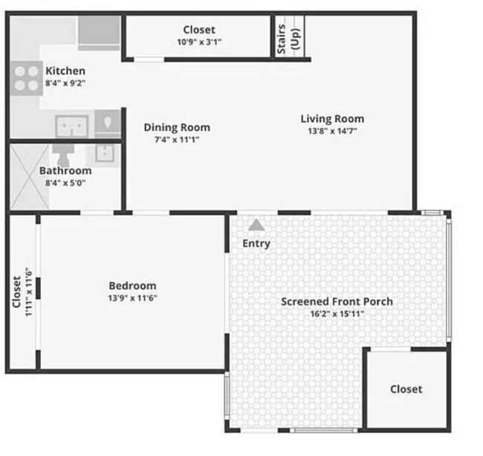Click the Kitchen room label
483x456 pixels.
tap(66, 71)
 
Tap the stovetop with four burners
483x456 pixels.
tap(26, 78)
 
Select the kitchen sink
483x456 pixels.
tap(72, 126)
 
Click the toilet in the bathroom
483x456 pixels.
tap(62, 154)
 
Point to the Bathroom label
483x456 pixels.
tap(65, 170)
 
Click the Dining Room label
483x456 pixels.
tap(176, 127)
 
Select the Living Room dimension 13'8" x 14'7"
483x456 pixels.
tap(332, 130)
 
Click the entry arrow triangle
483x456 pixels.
tap(256, 224)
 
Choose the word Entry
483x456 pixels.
tap(256, 243)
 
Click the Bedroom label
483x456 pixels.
tap(132, 286)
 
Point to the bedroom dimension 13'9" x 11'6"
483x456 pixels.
tap(132, 298)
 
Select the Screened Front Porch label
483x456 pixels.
tap(337, 301)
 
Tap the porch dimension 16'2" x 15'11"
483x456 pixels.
tap(337, 313)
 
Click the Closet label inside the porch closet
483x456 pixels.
tap(406, 389)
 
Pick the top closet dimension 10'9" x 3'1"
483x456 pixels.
tap(198, 42)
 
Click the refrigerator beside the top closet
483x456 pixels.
tap(99, 31)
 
